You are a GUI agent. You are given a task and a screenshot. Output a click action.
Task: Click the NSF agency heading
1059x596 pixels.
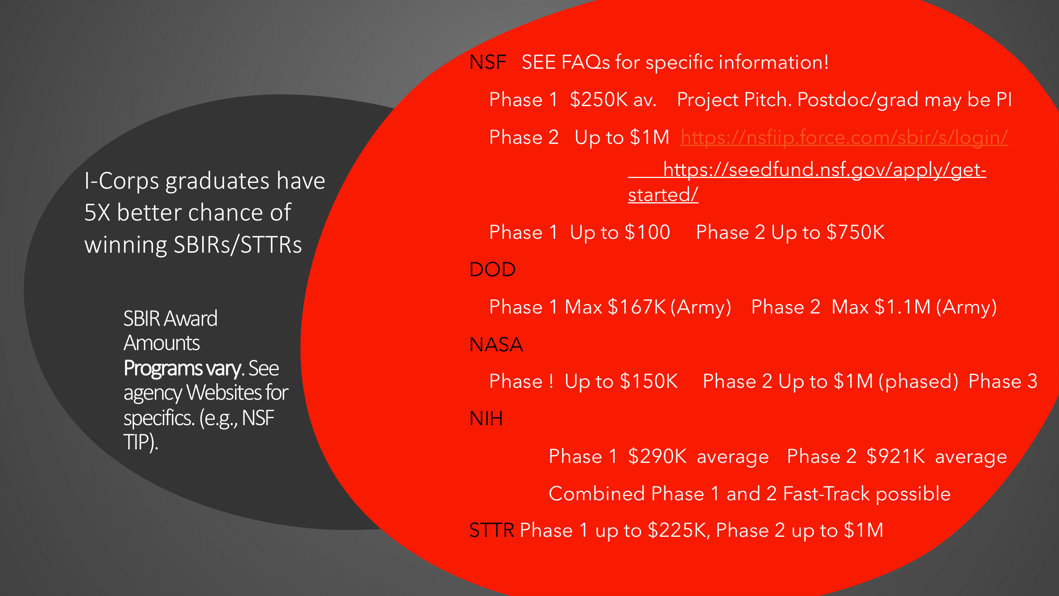[x=488, y=62]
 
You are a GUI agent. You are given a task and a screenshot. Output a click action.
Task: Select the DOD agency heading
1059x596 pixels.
[x=492, y=269]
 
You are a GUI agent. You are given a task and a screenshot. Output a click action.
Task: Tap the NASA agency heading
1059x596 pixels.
[x=496, y=344]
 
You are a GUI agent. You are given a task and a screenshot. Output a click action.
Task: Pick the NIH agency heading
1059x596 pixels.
[x=486, y=419]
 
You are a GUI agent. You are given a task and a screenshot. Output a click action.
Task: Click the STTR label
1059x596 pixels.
[x=492, y=530]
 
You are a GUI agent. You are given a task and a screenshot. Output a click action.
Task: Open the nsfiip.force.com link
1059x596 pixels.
[x=844, y=137]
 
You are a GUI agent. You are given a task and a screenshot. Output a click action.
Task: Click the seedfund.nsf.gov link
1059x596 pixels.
[x=807, y=182]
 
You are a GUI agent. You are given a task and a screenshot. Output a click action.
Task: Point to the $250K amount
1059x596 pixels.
[x=598, y=100]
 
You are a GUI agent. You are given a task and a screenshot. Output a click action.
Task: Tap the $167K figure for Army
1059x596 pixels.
[x=637, y=307]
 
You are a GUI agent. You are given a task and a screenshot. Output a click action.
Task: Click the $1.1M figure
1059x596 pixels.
[x=903, y=307]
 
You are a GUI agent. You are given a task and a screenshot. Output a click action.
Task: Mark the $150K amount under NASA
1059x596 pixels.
[x=649, y=381]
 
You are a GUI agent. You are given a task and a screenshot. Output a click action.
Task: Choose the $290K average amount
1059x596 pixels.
[x=657, y=457]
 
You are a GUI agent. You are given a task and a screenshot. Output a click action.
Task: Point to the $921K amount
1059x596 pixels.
[x=895, y=457]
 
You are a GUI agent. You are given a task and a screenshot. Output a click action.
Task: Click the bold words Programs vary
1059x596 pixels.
[x=182, y=368]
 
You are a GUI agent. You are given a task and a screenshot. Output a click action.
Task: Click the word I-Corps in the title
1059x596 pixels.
[x=122, y=181]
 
